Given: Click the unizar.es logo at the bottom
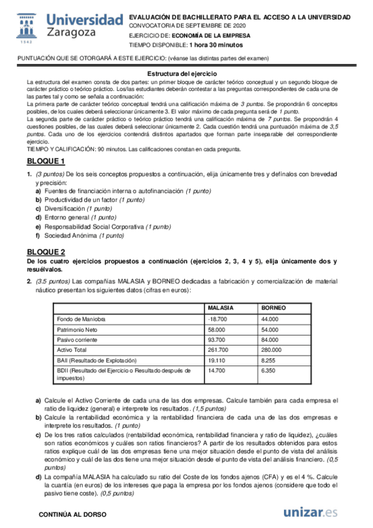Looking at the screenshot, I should point(311,512).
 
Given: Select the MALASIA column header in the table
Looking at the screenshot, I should point(220,308).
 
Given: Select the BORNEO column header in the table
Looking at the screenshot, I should point(274,308).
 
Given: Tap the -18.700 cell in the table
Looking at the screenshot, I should point(217,319).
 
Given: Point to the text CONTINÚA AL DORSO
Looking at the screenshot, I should point(72,514).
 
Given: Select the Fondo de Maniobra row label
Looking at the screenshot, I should point(81,319).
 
